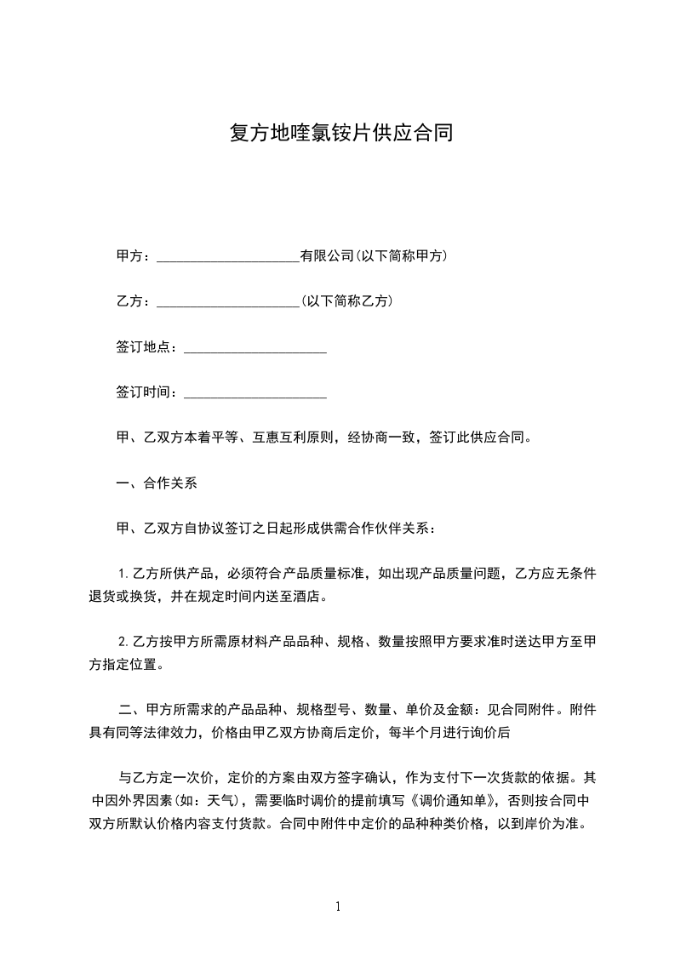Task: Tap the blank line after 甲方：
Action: [228, 256]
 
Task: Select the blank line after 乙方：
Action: [228, 301]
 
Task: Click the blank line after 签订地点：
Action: [255, 347]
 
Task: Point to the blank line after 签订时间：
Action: [255, 392]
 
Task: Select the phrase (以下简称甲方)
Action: [402, 256]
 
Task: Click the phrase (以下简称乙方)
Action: [347, 301]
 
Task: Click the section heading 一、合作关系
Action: [157, 483]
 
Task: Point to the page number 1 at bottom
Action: [338, 906]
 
